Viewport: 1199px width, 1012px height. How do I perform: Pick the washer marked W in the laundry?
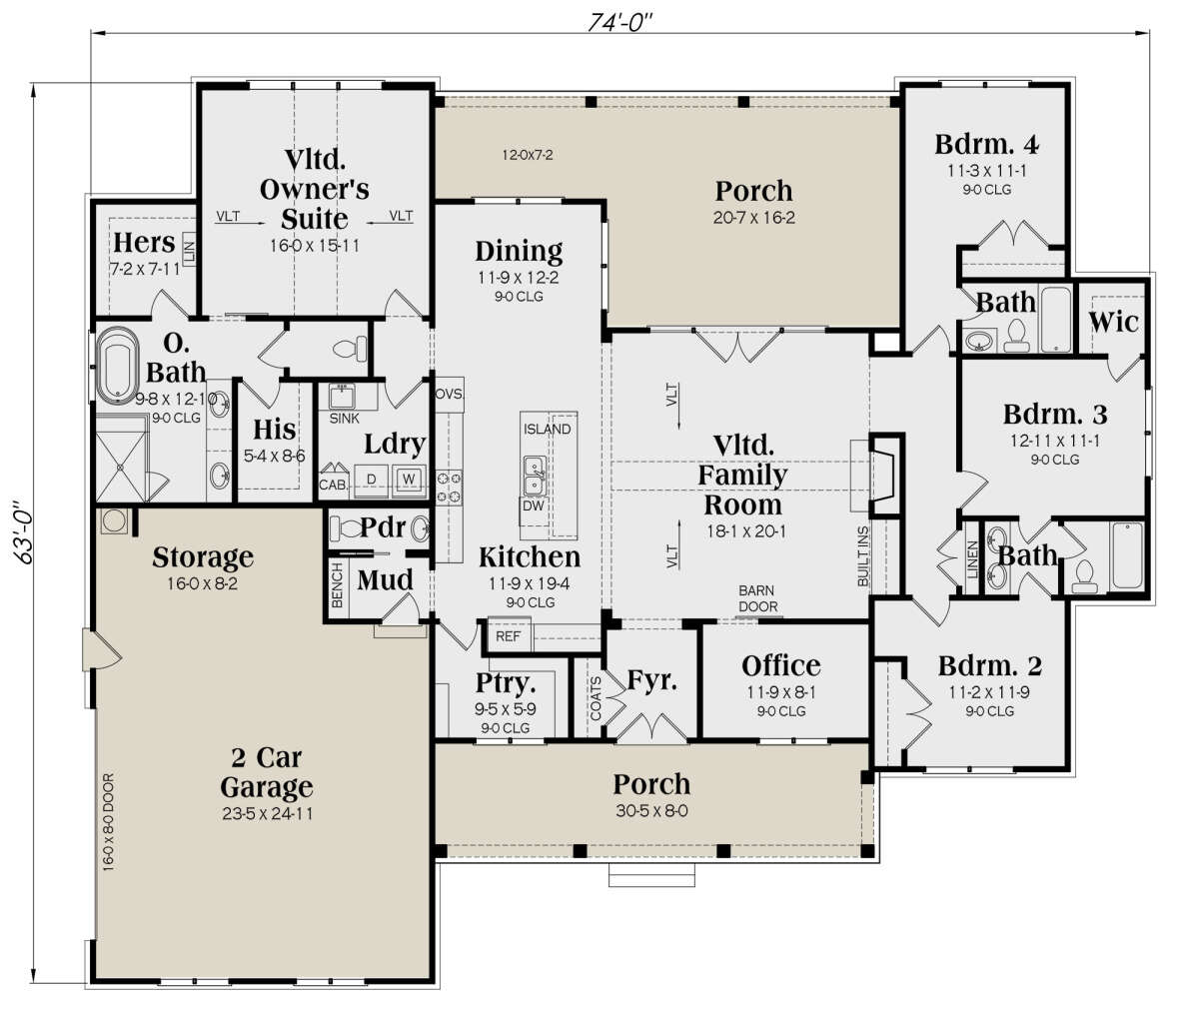pos(408,479)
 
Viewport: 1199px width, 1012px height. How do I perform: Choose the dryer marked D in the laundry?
pos(371,479)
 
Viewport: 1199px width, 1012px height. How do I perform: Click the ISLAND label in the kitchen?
pos(547,430)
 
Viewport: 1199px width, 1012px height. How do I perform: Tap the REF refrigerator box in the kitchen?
pos(508,636)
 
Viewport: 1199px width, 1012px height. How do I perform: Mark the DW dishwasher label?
pos(533,506)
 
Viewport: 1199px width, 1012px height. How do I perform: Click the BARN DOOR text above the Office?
pos(757,598)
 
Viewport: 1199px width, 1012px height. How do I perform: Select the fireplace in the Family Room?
pos(884,470)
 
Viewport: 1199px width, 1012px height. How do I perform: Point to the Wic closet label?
pos(1112,322)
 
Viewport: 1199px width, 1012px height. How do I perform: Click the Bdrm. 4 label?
pos(986,144)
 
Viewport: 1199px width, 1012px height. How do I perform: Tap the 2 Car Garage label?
pos(266,771)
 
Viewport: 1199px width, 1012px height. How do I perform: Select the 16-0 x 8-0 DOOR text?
pos(109,820)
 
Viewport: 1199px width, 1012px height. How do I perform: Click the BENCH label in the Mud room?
pos(338,584)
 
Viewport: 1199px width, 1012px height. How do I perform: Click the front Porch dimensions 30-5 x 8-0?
pos(650,811)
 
